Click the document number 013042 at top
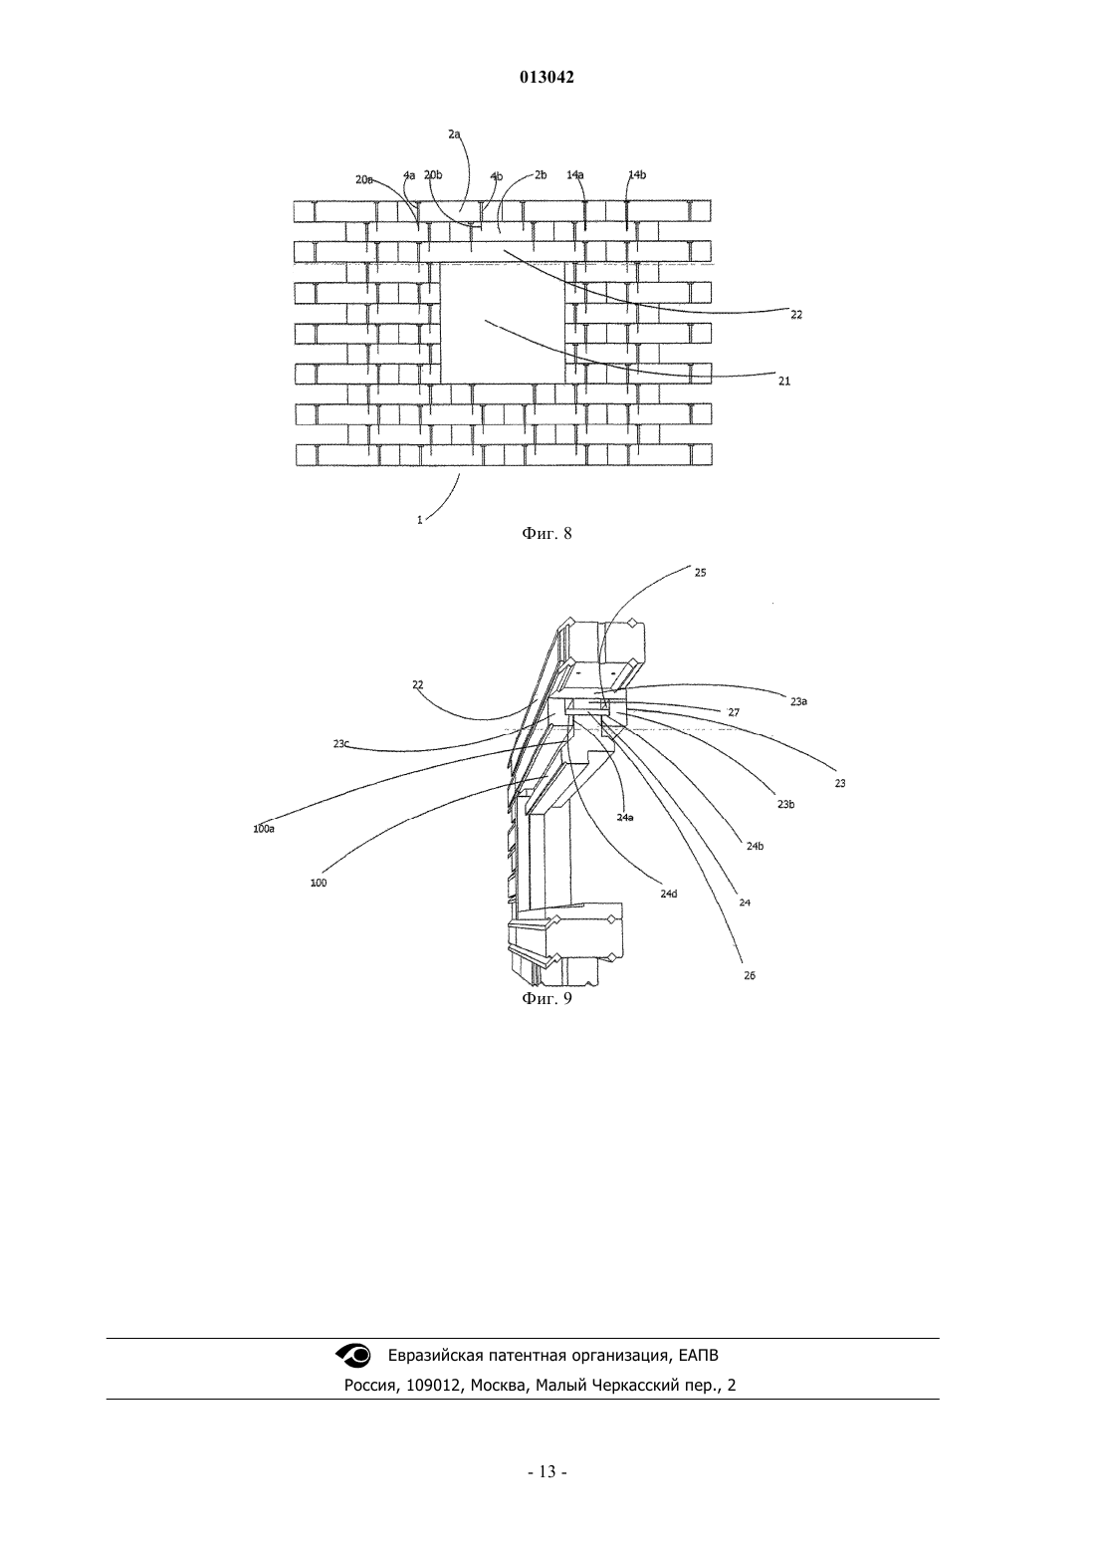point(547,78)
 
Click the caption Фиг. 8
point(547,534)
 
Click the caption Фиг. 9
point(547,998)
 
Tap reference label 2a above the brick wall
point(454,134)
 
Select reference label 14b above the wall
point(637,175)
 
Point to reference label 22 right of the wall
point(796,315)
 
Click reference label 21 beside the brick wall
point(784,382)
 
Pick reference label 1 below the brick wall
point(420,520)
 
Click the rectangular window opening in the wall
point(503,323)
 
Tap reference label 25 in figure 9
point(700,573)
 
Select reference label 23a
point(799,701)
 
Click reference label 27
point(734,712)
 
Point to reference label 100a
point(264,829)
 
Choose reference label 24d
point(669,894)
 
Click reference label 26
point(750,975)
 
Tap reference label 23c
point(341,744)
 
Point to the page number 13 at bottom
point(547,1472)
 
